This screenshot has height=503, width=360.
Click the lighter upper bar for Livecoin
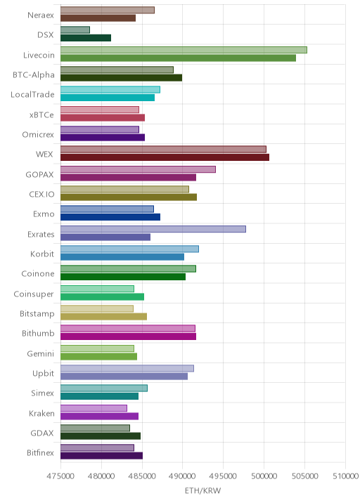184,50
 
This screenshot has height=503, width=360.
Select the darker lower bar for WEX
165,157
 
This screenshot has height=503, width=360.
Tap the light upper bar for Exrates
153,229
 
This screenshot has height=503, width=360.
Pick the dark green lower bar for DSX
86,38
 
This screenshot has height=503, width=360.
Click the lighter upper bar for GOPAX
138,169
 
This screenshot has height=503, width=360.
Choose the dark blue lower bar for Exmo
110,217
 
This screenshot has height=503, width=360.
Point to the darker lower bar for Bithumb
129,337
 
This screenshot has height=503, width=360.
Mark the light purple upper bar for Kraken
94,408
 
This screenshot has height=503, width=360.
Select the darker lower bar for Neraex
98,18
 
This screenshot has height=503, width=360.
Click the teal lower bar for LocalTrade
108,98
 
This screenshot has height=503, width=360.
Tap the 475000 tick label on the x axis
60,476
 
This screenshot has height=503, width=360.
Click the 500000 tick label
264,476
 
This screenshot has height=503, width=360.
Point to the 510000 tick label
345,476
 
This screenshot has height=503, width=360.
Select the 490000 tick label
182,476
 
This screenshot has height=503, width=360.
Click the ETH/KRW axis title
203,491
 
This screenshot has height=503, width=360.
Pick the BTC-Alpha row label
34,74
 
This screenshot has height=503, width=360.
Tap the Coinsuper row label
34,294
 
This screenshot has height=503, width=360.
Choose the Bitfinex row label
41,452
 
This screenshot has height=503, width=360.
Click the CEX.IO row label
41,194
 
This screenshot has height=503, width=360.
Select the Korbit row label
42,254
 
